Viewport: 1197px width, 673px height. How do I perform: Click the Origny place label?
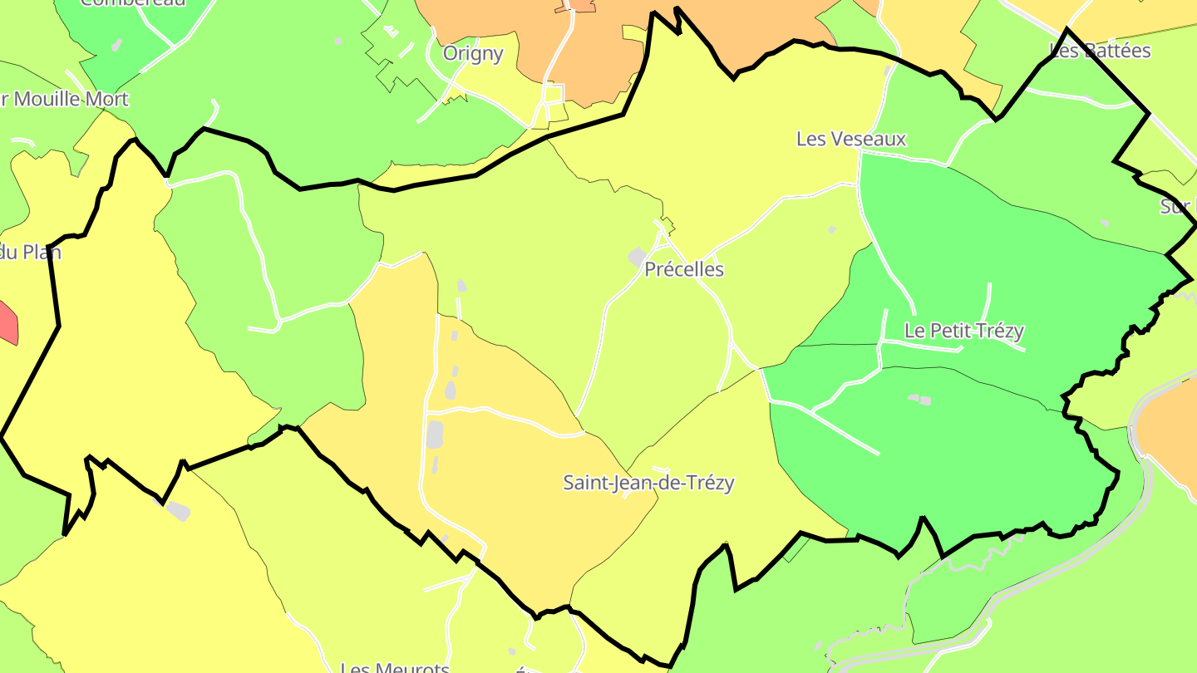click(x=473, y=54)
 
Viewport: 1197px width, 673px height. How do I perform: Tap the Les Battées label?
click(x=1100, y=51)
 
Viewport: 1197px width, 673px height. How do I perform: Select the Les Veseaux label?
click(x=850, y=139)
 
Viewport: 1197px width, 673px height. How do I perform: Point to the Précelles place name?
click(x=684, y=270)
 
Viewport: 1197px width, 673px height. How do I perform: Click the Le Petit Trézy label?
click(x=963, y=331)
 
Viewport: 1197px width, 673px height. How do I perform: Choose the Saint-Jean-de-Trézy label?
click(x=648, y=483)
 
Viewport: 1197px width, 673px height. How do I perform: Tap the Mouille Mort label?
click(x=71, y=100)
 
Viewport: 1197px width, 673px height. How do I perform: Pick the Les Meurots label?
click(x=395, y=667)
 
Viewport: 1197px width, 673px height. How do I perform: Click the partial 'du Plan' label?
click(x=30, y=252)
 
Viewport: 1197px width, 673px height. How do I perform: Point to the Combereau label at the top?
click(x=133, y=2)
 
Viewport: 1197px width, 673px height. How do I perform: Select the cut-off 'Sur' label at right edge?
click(x=1177, y=207)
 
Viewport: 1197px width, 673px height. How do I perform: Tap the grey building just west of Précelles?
click(x=637, y=258)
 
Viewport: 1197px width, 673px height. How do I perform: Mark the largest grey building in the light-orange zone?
click(x=434, y=435)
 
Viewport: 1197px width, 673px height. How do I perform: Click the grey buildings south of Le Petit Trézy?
click(x=919, y=400)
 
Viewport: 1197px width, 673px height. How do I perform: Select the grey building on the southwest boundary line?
click(x=176, y=509)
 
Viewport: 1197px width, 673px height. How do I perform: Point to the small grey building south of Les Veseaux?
click(x=831, y=229)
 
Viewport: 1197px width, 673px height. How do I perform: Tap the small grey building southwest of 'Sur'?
click(x=1104, y=223)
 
